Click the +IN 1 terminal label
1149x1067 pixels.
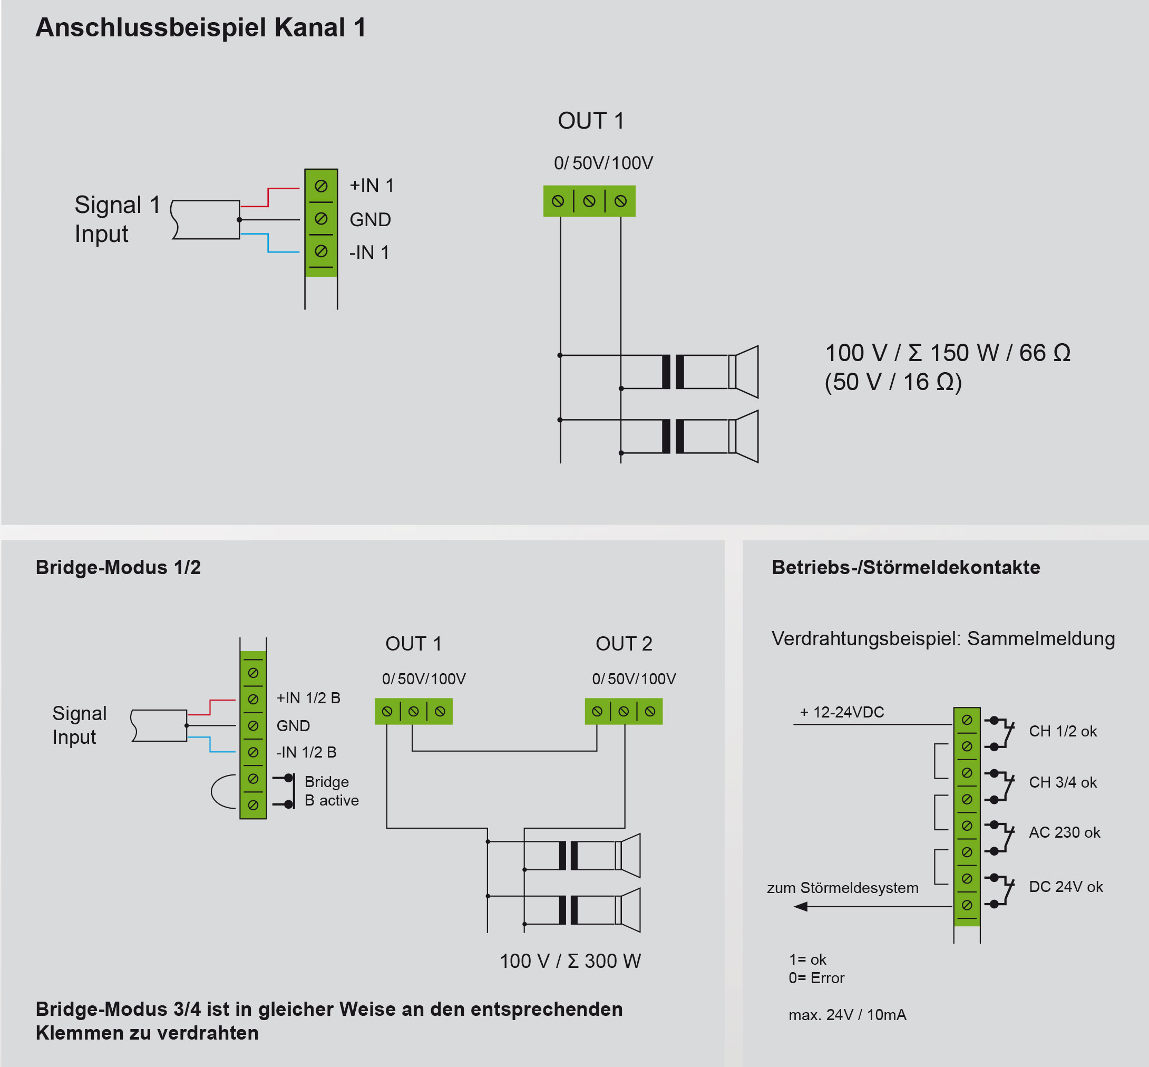[371, 186]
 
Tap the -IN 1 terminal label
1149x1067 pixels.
[369, 253]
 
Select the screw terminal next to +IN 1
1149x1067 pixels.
[321, 186]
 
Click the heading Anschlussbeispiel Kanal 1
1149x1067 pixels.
[201, 28]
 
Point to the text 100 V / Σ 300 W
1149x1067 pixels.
[570, 961]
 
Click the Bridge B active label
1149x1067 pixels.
[332, 791]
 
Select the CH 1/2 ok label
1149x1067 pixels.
[1063, 731]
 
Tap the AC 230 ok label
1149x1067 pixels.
[1064, 832]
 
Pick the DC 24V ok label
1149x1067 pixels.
[1065, 886]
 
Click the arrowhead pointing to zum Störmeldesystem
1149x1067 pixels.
[801, 907]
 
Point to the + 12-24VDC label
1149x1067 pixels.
[842, 712]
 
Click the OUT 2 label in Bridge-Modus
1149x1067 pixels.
[624, 643]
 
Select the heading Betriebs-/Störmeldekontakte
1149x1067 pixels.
[905, 567]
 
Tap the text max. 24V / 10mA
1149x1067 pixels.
[847, 1014]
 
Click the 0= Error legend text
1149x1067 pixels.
[816, 977]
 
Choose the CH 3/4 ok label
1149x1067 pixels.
[1063, 782]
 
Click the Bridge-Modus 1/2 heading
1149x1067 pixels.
[119, 567]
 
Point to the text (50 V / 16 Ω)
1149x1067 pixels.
[893, 382]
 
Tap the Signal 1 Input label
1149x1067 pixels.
[116, 219]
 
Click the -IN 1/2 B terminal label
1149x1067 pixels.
[306, 752]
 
